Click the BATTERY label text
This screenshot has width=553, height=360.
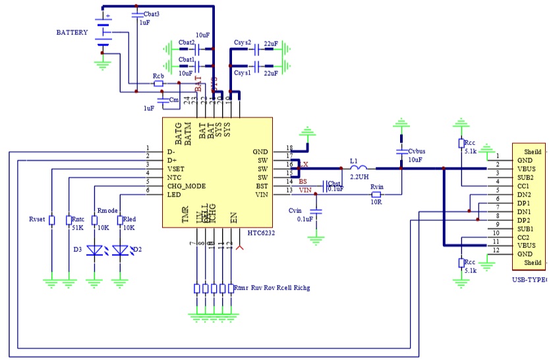(72, 32)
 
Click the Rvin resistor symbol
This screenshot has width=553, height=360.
(376, 195)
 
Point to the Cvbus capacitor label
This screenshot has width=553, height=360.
(417, 151)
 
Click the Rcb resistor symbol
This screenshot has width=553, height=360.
(159, 84)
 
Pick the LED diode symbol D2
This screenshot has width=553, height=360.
(120, 251)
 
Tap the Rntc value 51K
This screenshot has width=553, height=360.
(78, 227)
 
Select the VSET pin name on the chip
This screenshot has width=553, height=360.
(176, 169)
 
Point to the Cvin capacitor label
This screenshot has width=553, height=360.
(298, 210)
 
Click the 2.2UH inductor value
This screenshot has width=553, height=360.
(359, 178)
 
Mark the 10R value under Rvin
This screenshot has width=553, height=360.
(376, 203)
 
